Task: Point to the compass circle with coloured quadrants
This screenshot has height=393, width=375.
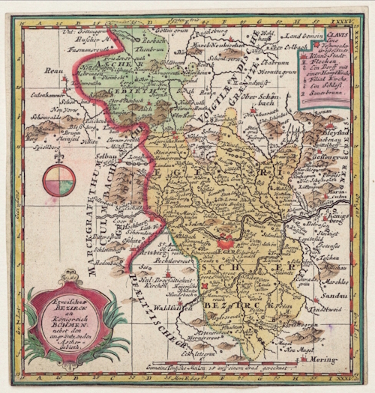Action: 58,180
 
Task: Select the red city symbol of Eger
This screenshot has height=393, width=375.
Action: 226,241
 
